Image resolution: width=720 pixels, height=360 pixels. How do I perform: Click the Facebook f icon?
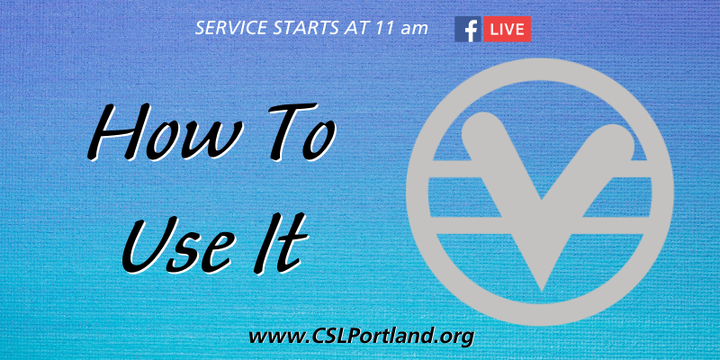click(468, 30)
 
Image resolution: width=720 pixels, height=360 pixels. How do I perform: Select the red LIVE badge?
click(507, 30)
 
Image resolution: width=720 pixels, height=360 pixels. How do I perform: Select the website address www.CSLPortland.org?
click(361, 337)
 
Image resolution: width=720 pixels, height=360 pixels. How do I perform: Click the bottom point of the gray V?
click(543, 290)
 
